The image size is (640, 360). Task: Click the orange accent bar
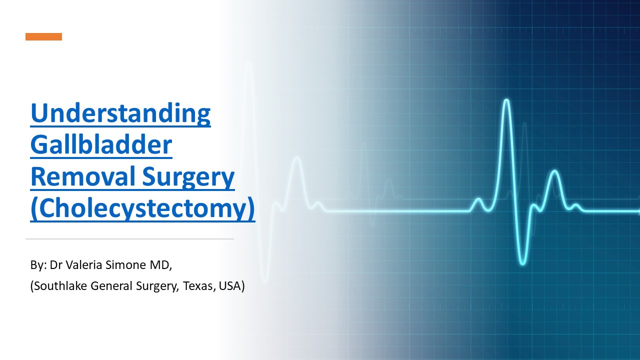point(44,36)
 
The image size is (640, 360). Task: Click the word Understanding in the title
point(120,113)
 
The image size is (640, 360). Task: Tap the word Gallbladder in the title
point(101,145)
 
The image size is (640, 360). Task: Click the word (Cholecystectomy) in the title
point(142,209)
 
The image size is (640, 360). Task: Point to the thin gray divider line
point(129,239)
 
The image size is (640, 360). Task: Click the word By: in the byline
point(38,265)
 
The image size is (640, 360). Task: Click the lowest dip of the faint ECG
point(265,280)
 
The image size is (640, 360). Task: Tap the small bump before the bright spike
point(478,201)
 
